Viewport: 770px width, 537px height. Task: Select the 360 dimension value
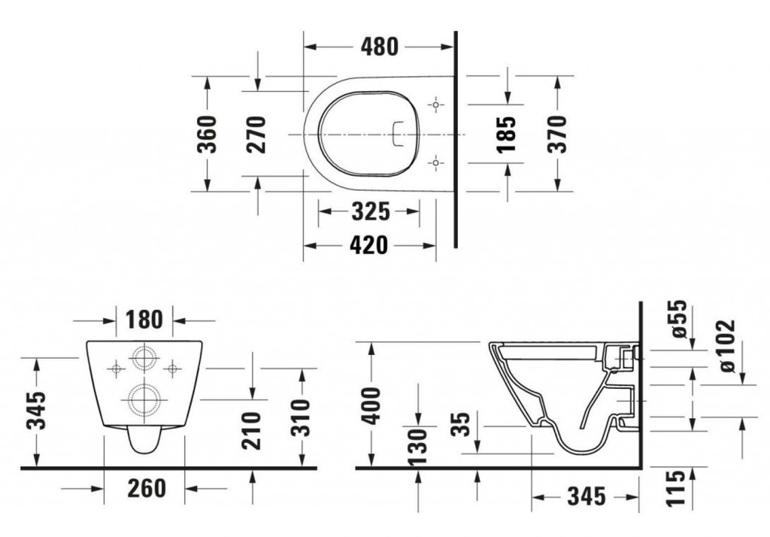[x=207, y=134]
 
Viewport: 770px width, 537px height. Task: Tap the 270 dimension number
[x=258, y=134]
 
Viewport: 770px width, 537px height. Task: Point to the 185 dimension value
[x=508, y=134]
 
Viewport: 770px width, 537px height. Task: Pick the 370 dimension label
[x=557, y=134]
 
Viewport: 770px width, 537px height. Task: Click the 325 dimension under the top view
[x=370, y=213]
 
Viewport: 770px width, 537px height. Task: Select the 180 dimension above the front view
[x=145, y=319]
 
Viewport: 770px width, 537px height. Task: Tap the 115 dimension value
[x=681, y=487]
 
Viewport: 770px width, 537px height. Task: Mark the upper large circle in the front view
[x=144, y=358]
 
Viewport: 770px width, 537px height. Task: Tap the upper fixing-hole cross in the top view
[x=436, y=106]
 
